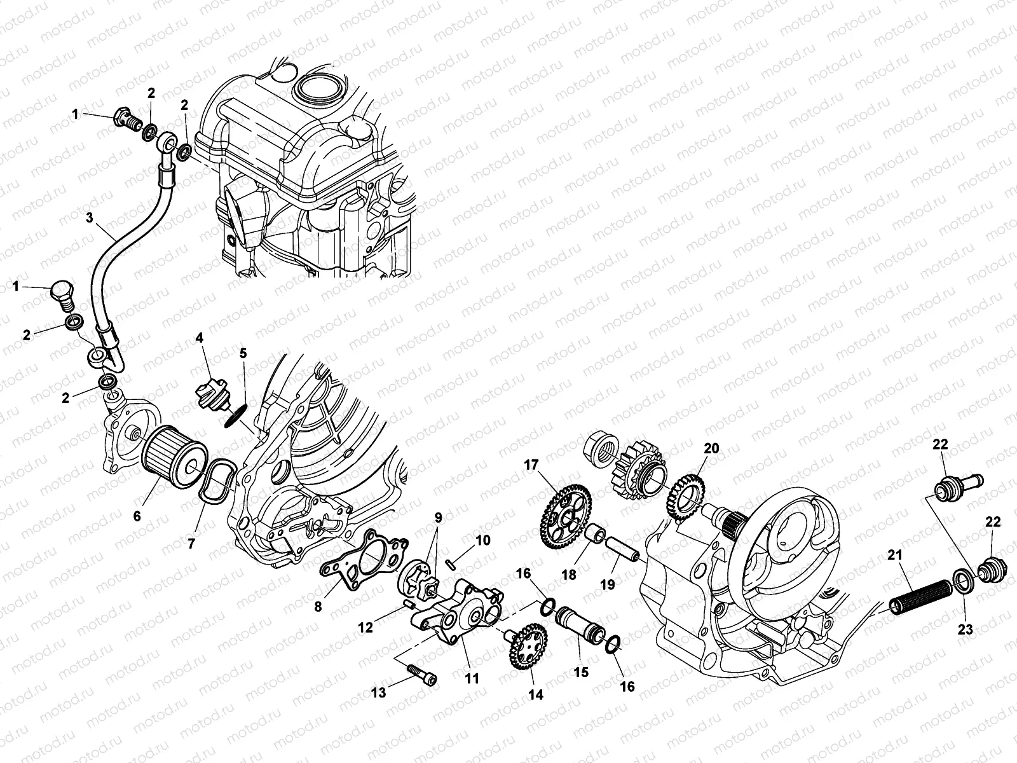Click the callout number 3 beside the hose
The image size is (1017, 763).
click(90, 217)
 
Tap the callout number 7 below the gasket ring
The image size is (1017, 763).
click(192, 544)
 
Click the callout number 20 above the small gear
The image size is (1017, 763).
click(711, 448)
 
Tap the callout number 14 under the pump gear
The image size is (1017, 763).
click(536, 695)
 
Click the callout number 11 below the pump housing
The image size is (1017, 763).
click(471, 678)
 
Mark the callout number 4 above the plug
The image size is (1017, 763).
click(200, 338)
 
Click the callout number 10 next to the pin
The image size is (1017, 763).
click(483, 540)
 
